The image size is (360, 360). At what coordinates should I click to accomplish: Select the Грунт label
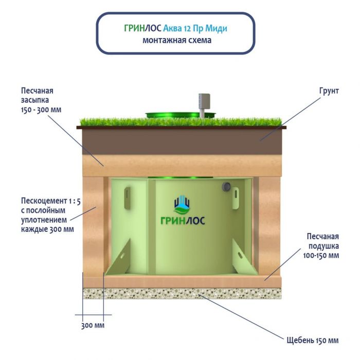point(328,91)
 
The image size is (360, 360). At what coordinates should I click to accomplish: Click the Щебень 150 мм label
point(312,340)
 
